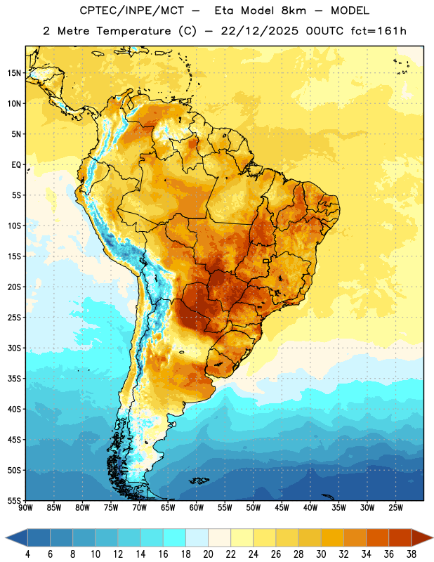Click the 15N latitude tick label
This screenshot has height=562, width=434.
coord(14,73)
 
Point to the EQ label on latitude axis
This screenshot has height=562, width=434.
coord(16,165)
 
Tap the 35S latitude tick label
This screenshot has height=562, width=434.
coord(14,379)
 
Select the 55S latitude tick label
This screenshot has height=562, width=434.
coord(14,500)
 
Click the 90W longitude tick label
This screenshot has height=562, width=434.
coord(25,507)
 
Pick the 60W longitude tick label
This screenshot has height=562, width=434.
coord(197,507)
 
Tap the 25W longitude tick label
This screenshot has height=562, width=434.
coord(395,507)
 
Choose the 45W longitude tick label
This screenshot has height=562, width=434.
coord(282,507)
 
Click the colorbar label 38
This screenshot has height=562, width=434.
coord(412,554)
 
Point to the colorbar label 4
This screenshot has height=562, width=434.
coord(27,554)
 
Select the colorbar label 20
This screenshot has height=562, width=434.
coord(208,554)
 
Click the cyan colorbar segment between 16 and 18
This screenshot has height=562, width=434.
coord(175,537)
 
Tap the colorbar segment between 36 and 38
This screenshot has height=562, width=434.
coord(400,537)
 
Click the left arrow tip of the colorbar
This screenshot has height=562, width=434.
coord(6,537)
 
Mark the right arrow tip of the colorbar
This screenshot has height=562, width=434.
coord(433,537)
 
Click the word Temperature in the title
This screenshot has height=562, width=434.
coord(133,31)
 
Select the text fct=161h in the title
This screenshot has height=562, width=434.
coord(379,31)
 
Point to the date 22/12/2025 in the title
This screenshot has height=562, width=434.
coord(259,31)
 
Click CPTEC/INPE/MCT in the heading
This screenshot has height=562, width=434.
coord(132,11)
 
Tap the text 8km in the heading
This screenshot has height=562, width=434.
coord(294,11)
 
